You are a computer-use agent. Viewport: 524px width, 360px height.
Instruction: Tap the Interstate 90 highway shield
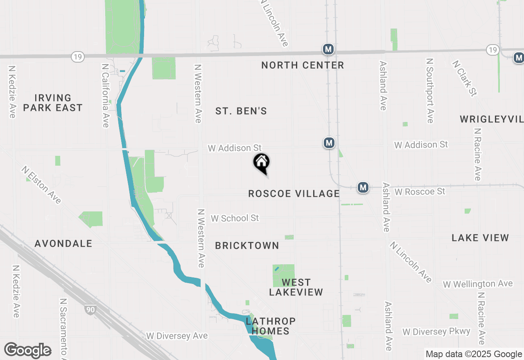[x=90, y=309]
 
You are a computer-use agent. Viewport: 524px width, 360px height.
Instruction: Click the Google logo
[x=27, y=351]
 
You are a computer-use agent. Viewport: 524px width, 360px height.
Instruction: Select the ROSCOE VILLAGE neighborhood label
[x=294, y=193]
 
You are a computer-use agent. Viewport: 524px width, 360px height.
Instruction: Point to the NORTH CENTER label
[x=303, y=65]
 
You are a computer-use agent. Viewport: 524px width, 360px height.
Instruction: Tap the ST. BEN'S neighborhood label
[x=241, y=111]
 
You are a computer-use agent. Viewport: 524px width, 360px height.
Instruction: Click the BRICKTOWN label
[x=247, y=245]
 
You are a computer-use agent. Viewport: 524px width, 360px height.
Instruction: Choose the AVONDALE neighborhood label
[x=63, y=243]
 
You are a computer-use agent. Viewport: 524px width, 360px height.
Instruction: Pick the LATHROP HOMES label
[x=271, y=326]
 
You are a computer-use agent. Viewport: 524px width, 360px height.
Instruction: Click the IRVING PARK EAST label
[x=53, y=103]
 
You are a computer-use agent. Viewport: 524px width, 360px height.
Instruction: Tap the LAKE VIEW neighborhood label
[x=480, y=238]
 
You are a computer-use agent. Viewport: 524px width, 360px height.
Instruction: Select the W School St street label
[x=235, y=218]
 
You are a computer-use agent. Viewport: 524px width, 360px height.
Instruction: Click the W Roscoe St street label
[x=420, y=191]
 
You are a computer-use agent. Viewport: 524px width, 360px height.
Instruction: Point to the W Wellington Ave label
[x=477, y=284]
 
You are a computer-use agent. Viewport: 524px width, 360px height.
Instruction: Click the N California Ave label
[x=106, y=95]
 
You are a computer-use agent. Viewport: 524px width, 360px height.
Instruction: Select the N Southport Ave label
[x=429, y=90]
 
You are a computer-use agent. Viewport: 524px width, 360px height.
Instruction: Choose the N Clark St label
[x=465, y=79]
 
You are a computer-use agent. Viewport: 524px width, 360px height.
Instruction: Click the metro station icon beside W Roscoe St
[x=363, y=187]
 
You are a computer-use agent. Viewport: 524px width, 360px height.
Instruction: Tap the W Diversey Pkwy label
[x=436, y=331]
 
